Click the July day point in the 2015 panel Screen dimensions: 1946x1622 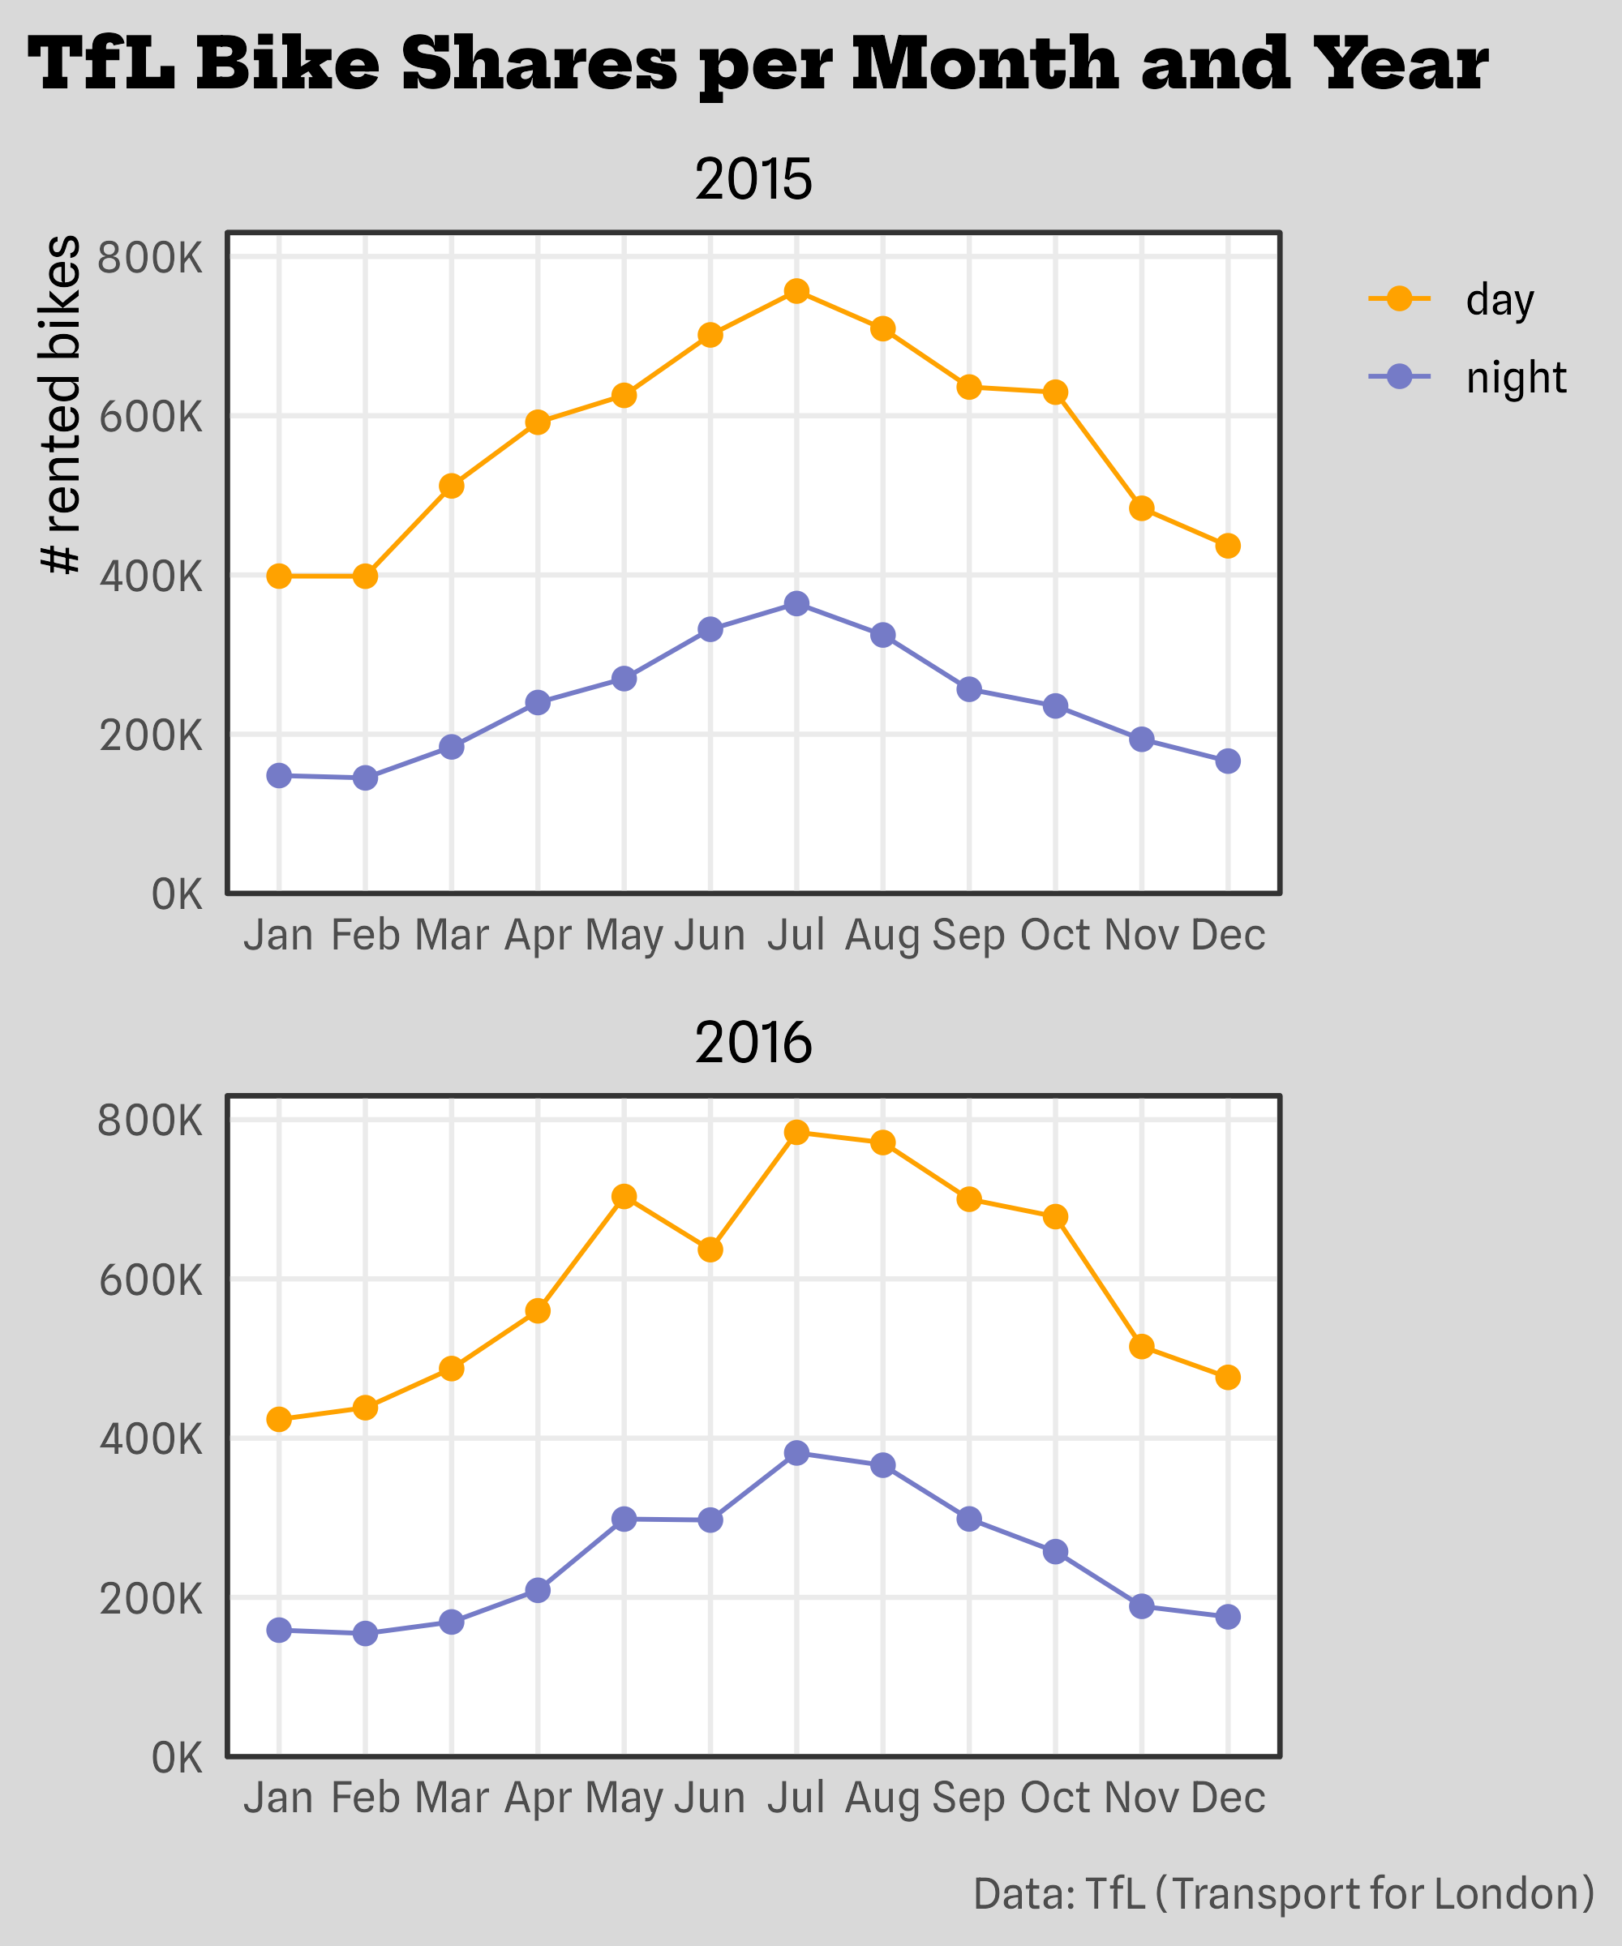(x=796, y=292)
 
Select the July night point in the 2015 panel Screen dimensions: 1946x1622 (x=796, y=604)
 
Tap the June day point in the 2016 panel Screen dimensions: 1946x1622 (x=710, y=1250)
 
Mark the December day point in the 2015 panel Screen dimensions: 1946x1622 (x=1228, y=546)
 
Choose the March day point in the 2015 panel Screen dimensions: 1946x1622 (x=452, y=486)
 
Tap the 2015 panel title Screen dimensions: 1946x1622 (x=753, y=180)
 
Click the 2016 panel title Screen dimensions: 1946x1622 (x=753, y=1044)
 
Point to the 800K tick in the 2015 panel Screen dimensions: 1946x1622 (x=149, y=258)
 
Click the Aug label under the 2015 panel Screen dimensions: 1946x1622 (x=882, y=936)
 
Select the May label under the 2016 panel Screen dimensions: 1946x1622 (x=624, y=1798)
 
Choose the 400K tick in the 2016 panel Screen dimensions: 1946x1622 (x=149, y=1439)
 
